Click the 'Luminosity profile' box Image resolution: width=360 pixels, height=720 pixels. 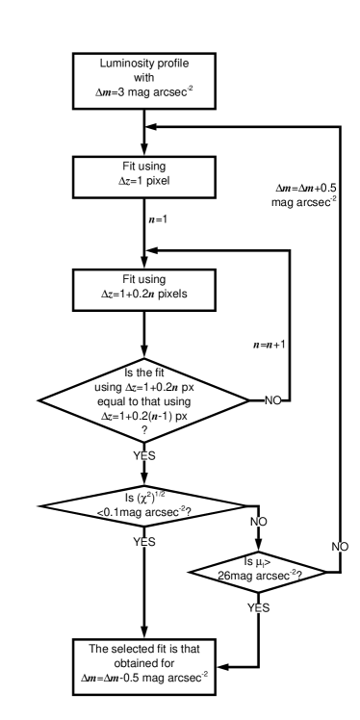click(143, 80)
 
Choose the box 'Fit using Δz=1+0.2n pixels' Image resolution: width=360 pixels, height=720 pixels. click(143, 289)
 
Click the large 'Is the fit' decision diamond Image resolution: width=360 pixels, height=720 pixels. click(143, 401)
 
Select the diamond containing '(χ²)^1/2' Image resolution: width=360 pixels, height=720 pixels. click(143, 504)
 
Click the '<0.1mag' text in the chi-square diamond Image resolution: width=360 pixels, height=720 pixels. click(119, 512)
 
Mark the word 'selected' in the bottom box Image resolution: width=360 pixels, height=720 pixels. click(134, 649)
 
